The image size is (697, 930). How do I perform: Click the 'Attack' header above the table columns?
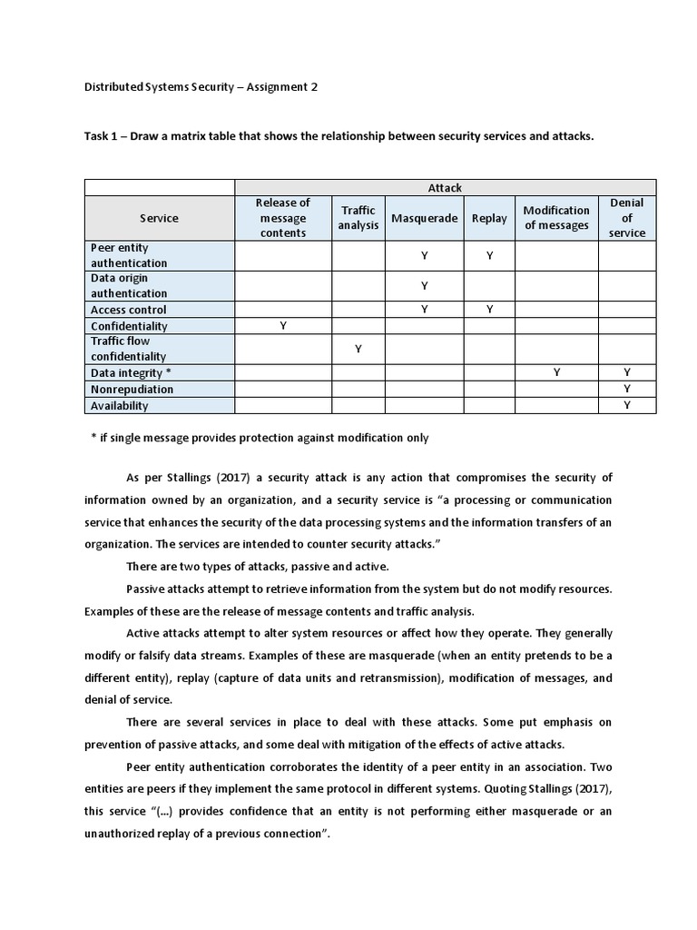(445, 187)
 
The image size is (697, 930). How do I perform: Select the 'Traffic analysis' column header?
(358, 218)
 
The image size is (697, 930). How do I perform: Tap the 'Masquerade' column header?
(424, 218)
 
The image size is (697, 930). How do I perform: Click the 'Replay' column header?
(489, 218)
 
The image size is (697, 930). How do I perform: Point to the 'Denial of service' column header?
(627, 218)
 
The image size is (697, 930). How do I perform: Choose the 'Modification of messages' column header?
(556, 218)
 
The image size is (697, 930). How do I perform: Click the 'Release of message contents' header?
(283, 218)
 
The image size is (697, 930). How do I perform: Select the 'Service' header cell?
(160, 218)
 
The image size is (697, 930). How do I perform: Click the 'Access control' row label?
(128, 310)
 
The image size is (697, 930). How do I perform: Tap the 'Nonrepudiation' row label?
(132, 390)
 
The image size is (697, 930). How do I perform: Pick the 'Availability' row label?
(119, 406)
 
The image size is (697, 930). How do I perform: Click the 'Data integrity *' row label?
(131, 373)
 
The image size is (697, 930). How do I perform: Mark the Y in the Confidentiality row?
(283, 326)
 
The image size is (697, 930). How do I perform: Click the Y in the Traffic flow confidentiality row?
(358, 349)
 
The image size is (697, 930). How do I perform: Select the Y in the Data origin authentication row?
(424, 286)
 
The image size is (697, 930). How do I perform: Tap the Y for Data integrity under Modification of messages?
(556, 373)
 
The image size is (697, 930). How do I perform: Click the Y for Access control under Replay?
(489, 310)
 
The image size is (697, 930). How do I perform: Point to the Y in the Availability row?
(627, 406)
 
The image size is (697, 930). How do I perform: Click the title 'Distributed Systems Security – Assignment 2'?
(201, 87)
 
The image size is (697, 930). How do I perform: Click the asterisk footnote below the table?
(260, 438)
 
